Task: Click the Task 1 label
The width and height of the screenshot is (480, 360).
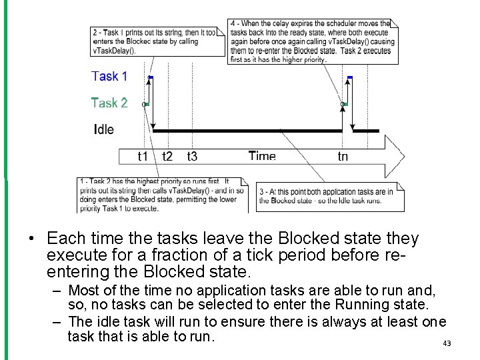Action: click(109, 76)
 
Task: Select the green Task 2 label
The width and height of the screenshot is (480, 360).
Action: click(109, 103)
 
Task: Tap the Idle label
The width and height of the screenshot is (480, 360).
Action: click(104, 129)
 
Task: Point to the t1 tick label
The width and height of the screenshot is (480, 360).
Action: click(143, 157)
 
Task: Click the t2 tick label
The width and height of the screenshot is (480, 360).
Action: click(167, 157)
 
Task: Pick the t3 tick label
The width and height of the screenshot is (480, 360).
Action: click(192, 157)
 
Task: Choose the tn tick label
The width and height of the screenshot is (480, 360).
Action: click(343, 157)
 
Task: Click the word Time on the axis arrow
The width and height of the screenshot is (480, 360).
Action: click(262, 156)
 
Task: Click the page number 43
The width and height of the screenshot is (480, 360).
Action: click(447, 343)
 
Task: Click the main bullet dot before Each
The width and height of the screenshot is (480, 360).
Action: click(31, 239)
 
